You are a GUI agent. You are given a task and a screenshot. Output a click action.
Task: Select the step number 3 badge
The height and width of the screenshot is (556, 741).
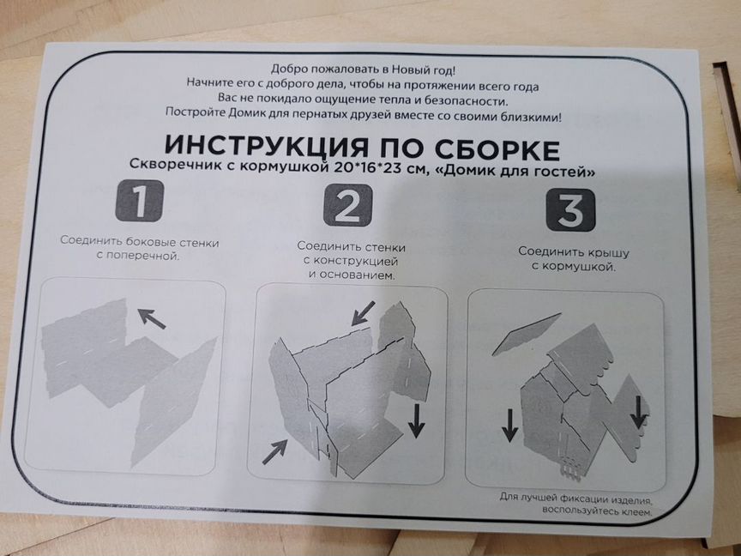click(x=570, y=211)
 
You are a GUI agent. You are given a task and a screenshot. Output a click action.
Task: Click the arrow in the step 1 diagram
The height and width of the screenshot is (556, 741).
click(x=152, y=319)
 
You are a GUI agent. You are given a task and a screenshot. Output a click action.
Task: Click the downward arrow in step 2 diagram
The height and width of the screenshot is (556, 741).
click(x=416, y=420)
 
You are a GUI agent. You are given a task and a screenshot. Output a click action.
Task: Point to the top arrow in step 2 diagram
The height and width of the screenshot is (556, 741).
click(x=363, y=311)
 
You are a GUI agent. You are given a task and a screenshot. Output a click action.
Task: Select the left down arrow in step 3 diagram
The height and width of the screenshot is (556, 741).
click(x=509, y=424)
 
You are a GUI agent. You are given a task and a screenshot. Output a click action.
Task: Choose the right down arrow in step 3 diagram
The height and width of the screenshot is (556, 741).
click(x=639, y=409)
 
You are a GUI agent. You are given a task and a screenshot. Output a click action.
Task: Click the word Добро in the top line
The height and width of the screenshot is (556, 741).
click(x=289, y=68)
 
